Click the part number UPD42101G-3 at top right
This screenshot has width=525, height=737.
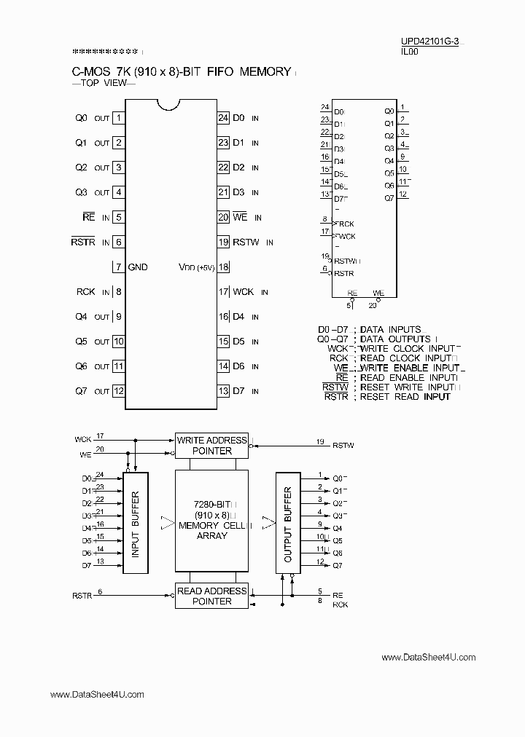pos(429,42)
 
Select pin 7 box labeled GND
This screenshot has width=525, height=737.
pos(117,267)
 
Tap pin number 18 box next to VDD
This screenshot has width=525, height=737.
pos(224,267)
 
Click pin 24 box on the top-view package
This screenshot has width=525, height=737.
pos(224,118)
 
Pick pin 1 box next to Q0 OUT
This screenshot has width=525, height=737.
pos(117,118)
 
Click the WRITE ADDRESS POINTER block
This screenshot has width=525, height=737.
pos(211,445)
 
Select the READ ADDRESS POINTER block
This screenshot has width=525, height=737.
pos(211,596)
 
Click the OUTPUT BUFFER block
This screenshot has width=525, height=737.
pos(288,523)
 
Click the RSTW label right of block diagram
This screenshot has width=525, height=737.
pos(343,445)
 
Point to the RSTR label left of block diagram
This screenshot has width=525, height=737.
pos(82,596)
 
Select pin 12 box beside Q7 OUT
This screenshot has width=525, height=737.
pos(117,391)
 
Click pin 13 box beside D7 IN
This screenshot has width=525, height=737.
pos(224,391)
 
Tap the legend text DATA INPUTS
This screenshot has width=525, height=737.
pos(390,330)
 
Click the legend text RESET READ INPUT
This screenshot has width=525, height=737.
pos(405,396)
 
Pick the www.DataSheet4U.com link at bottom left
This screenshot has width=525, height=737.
pos(97,695)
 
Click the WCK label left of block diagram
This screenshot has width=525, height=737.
pos(82,439)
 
